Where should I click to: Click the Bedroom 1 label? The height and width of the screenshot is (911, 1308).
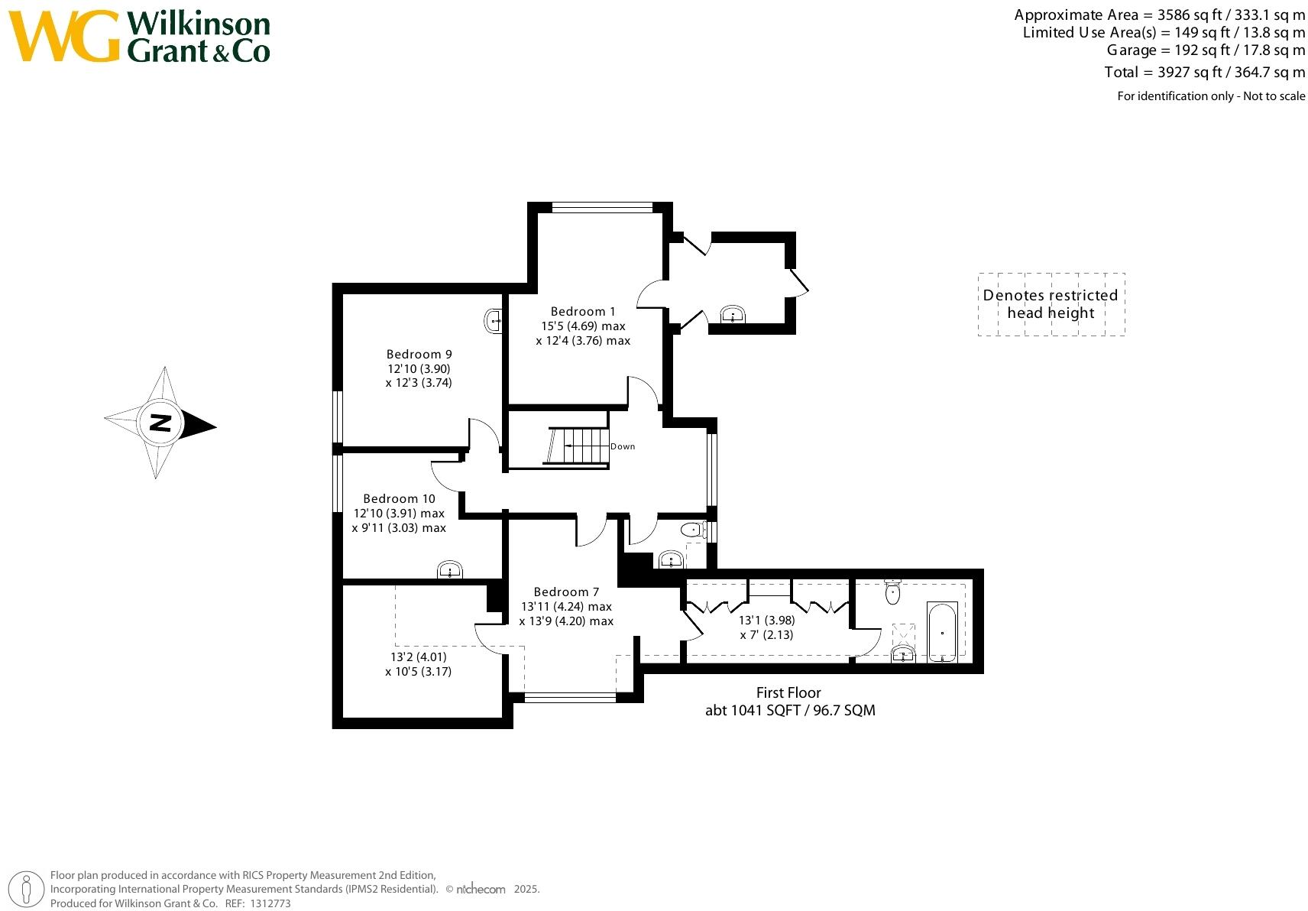[582, 311]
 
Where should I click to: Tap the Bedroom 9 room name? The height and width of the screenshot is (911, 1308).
[419, 354]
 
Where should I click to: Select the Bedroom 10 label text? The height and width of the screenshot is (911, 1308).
[399, 498]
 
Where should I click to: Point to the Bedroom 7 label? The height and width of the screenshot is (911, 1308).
[566, 592]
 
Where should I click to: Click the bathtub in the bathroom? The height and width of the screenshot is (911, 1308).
[942, 631]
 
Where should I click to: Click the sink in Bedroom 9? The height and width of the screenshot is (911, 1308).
[494, 321]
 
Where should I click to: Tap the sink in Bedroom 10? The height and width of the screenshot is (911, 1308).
[450, 570]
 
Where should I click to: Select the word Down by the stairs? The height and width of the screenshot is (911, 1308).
[623, 446]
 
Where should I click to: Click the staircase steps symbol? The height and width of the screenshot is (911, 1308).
[578, 446]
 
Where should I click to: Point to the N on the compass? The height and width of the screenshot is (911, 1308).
[160, 423]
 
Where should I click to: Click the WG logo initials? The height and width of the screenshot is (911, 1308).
[65, 37]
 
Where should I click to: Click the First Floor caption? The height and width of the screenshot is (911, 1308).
[788, 692]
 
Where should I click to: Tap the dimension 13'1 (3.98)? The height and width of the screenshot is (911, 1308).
[766, 620]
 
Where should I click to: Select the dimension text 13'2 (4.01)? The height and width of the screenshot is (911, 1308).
[419, 657]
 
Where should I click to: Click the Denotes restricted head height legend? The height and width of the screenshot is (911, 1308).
[1051, 303]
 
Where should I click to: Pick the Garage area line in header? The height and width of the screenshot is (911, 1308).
[1206, 50]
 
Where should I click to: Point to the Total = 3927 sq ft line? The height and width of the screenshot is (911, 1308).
[1204, 72]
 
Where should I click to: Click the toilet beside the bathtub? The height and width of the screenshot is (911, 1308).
[892, 592]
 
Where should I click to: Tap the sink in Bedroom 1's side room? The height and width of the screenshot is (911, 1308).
[733, 314]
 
